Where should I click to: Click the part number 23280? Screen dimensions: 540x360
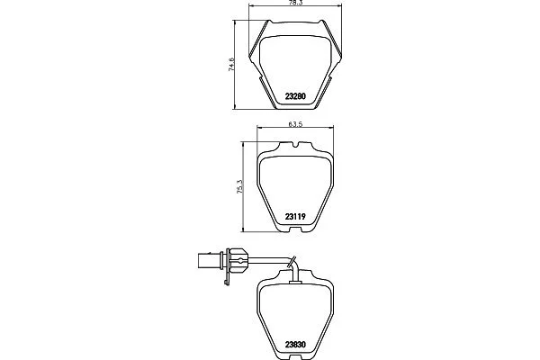(295, 96)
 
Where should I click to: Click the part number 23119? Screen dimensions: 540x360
(295, 217)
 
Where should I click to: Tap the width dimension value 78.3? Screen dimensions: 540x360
(295, 3)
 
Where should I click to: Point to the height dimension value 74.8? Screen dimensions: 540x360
(232, 65)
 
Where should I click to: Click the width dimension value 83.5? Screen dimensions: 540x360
(295, 124)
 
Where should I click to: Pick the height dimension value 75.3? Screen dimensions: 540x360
(240, 186)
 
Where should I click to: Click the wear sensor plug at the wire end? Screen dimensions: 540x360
(211, 261)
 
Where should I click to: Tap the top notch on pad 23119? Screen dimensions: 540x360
(296, 145)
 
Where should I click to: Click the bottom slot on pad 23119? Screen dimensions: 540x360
(295, 229)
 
